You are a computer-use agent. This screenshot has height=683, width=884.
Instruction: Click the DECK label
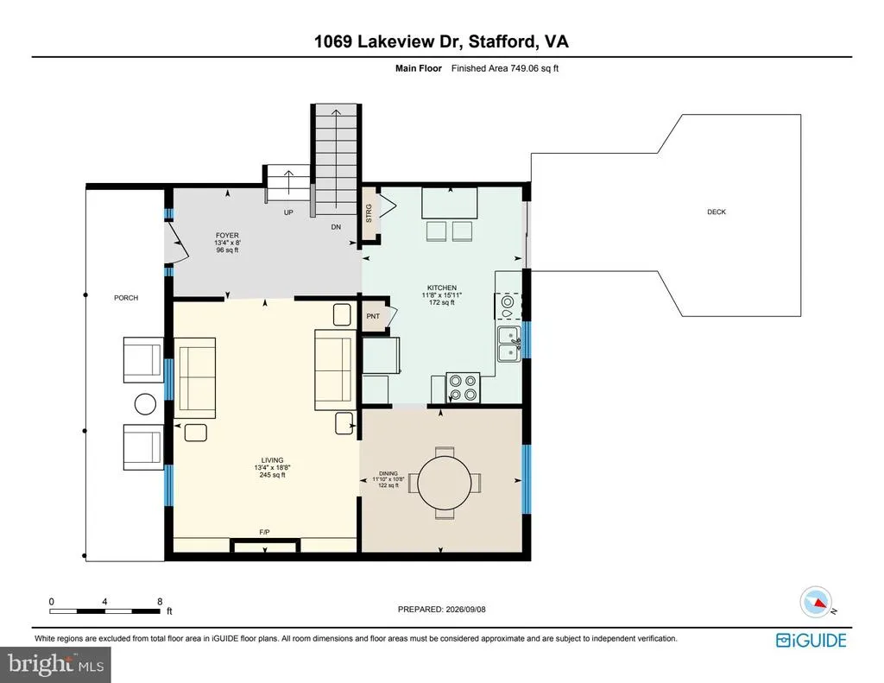click(717, 212)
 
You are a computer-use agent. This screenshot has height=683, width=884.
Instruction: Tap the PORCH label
click(126, 298)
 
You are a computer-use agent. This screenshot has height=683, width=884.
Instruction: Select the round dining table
click(445, 482)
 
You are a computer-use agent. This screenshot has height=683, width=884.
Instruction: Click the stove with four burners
click(463, 388)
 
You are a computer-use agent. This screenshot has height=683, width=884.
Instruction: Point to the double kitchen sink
click(509, 344)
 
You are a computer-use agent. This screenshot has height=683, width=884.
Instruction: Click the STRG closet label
click(369, 213)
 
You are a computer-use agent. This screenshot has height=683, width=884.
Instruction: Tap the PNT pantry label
click(373, 316)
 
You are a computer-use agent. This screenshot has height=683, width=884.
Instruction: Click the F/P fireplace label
click(264, 532)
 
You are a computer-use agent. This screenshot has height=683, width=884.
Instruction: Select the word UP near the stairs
click(288, 212)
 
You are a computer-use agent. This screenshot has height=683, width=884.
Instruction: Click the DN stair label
click(336, 227)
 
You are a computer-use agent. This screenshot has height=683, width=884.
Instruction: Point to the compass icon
click(817, 602)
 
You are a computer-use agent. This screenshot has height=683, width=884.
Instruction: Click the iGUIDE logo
click(811, 641)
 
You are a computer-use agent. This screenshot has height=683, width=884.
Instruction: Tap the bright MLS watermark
click(56, 664)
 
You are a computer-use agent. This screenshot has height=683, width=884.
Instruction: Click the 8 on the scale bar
click(160, 602)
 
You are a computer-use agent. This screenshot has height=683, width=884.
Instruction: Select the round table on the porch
click(145, 404)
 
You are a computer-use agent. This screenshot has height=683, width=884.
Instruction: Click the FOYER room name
click(227, 235)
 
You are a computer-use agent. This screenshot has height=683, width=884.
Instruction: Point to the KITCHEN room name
click(442, 288)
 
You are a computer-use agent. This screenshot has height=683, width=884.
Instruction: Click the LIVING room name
click(272, 460)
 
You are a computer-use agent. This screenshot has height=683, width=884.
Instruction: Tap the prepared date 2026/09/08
click(465, 609)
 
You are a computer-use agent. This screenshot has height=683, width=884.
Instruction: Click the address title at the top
click(441, 41)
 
